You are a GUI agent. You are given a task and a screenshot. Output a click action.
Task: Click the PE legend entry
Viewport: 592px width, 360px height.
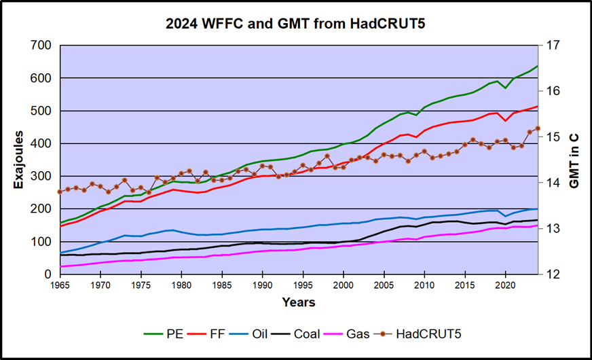(166, 334)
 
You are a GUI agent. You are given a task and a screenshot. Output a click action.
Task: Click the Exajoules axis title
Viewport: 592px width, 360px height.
(19, 160)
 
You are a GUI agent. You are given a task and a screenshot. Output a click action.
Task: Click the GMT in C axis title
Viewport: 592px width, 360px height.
(574, 160)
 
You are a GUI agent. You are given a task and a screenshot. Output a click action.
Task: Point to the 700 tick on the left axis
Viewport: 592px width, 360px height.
(41, 46)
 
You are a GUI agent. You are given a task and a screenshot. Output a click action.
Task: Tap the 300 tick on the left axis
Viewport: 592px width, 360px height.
(41, 177)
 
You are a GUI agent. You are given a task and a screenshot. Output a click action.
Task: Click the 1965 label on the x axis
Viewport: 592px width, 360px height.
(61, 285)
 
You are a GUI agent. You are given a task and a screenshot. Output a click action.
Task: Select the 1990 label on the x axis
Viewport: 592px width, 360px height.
(263, 285)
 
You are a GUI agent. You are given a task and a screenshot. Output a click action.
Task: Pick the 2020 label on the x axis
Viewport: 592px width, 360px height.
(505, 285)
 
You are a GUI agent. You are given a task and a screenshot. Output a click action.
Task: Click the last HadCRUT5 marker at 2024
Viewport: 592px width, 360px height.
(538, 128)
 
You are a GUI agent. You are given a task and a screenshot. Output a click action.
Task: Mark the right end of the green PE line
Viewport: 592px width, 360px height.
(538, 66)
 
